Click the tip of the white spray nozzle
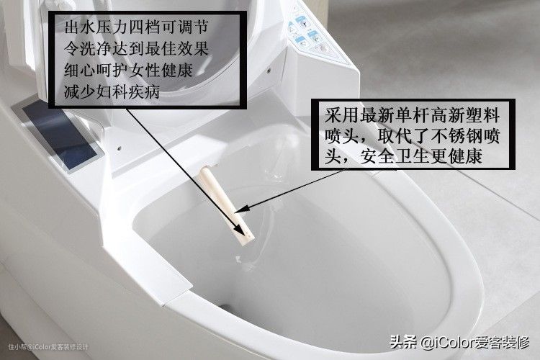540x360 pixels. tap(247, 239)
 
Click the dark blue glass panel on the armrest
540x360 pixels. tap(58, 135)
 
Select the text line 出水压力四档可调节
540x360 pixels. tap(136, 27)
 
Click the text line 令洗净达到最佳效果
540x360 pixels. tap(136, 48)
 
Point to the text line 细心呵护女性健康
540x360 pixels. tap(128, 71)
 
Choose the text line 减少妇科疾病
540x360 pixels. tap(112, 92)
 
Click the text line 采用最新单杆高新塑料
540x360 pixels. tap(412, 115)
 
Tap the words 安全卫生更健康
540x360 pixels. tap(421, 157)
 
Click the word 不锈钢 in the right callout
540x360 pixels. tap(456, 136)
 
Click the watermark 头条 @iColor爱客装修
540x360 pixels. tap(459, 342)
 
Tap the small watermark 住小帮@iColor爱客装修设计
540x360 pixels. tap(48, 346)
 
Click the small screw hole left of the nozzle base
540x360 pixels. tap(119, 149)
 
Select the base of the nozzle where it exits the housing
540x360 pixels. tap(206, 171)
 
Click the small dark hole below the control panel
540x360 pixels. tap(269, 71)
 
